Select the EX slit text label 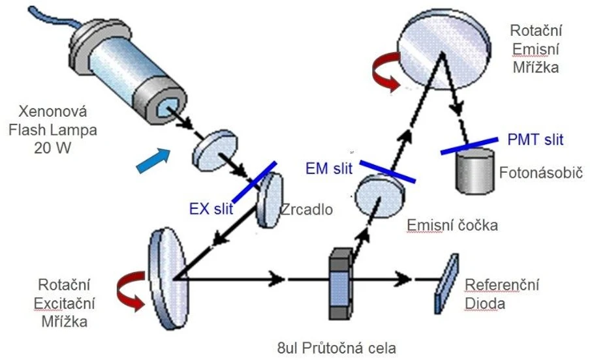coord(210,210)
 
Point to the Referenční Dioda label coord(496,293)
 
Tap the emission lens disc coord(379,193)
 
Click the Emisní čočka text coord(452,226)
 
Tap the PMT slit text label coord(535,139)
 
